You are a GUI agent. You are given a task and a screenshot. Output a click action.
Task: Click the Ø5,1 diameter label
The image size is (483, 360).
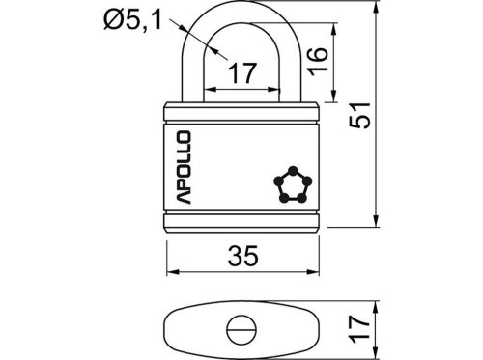(x=132, y=19)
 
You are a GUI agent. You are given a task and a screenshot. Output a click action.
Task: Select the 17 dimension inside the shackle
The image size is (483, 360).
(x=242, y=73)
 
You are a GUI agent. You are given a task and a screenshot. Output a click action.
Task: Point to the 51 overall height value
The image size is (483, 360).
(x=360, y=116)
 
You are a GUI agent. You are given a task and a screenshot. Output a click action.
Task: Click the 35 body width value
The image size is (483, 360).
(x=243, y=256)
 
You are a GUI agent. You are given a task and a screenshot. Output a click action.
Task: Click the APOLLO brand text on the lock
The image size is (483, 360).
(x=184, y=167)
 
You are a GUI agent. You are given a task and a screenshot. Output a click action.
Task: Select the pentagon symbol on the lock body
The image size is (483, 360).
(x=293, y=185)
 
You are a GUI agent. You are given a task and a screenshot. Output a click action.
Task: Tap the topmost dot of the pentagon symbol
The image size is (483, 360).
(x=293, y=170)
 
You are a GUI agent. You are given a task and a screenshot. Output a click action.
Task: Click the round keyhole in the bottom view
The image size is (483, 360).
(x=241, y=330)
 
